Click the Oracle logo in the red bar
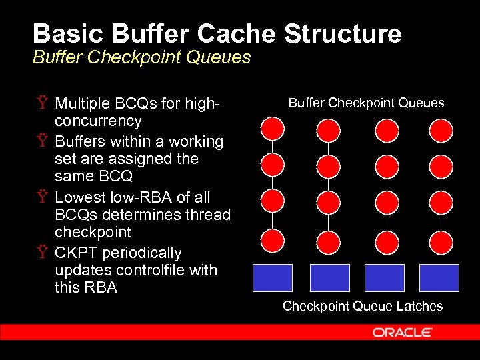pyautogui.click(x=403, y=332)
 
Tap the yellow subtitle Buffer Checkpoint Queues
pyautogui.click(x=141, y=57)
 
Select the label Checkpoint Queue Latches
pyautogui.click(x=363, y=306)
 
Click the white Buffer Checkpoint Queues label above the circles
pyautogui.click(x=366, y=103)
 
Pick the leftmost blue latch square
pyautogui.click(x=273, y=278)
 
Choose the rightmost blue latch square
pyautogui.click(x=439, y=278)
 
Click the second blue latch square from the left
pyautogui.click(x=330, y=278)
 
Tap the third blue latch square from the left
pyautogui.click(x=385, y=278)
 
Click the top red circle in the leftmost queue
pyautogui.click(x=273, y=128)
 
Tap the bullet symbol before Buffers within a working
pyautogui.click(x=43, y=141)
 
